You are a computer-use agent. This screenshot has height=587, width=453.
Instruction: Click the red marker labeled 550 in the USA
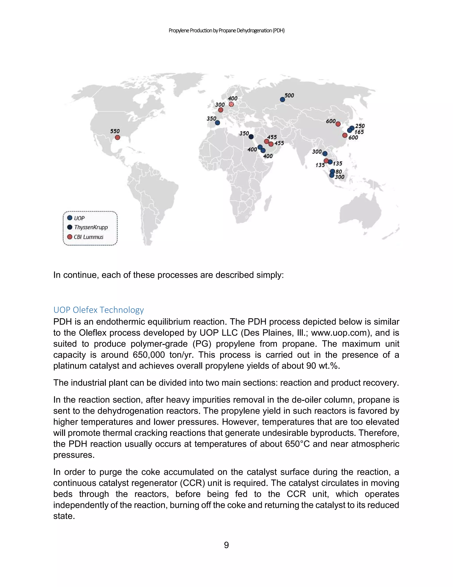(117, 137)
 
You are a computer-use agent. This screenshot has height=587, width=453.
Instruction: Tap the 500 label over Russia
(289, 95)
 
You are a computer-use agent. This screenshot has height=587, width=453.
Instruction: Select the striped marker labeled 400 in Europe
(231, 104)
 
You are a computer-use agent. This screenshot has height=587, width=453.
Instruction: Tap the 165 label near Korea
(359, 132)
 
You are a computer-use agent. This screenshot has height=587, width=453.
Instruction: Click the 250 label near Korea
(360, 126)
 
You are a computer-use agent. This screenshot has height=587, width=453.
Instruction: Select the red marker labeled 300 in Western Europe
(221, 110)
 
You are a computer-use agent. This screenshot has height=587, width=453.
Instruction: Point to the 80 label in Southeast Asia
(339, 171)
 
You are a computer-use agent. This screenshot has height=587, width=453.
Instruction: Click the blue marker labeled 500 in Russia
(282, 99)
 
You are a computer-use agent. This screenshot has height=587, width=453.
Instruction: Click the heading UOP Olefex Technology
(98, 310)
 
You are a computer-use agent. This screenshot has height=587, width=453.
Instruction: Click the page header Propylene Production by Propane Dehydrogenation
(226, 31)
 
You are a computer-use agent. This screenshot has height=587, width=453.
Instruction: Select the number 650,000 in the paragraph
(149, 355)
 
